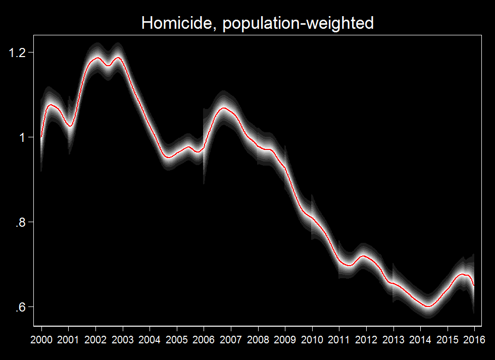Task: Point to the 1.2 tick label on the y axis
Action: click(x=18, y=53)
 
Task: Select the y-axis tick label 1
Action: click(x=23, y=137)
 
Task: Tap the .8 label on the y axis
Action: click(x=21, y=222)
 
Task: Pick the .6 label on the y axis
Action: click(x=21, y=307)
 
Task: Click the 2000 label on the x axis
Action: click(x=41, y=338)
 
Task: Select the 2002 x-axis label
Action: click(x=95, y=338)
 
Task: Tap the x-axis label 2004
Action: click(x=150, y=338)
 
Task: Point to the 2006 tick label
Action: click(x=204, y=338)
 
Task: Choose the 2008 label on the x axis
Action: click(x=258, y=338)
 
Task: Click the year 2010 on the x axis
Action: click(x=312, y=338)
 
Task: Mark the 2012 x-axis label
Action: click(x=366, y=338)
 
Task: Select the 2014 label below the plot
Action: click(x=420, y=338)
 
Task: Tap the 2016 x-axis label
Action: click(x=474, y=338)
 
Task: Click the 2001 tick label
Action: click(x=68, y=338)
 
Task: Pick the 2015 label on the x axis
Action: click(x=448, y=338)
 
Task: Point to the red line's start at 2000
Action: click(x=41, y=137)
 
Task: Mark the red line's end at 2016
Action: click(x=474, y=286)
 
